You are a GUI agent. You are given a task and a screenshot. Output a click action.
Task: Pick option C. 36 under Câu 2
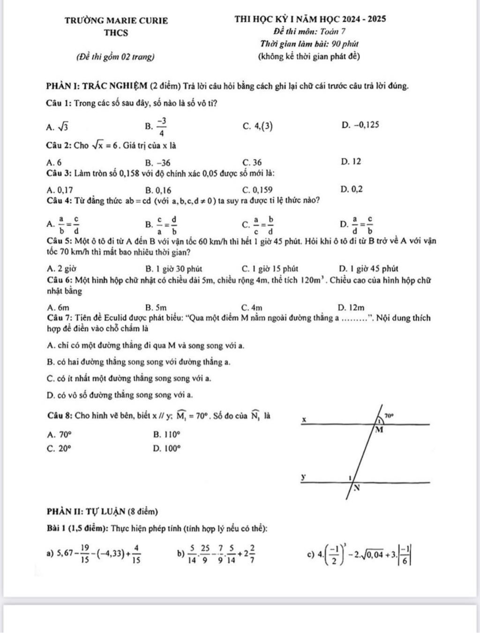click(x=252, y=163)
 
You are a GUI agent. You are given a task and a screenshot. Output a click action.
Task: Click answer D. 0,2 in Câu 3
click(x=352, y=190)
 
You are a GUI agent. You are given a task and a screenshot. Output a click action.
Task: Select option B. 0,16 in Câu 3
click(x=158, y=190)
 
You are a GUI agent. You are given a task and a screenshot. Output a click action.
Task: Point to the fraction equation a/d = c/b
click(x=362, y=224)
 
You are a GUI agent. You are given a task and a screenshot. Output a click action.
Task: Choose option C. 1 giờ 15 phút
click(x=270, y=269)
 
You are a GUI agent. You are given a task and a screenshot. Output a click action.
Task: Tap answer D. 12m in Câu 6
click(x=351, y=308)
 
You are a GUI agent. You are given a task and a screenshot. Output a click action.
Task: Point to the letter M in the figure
click(x=380, y=430)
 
